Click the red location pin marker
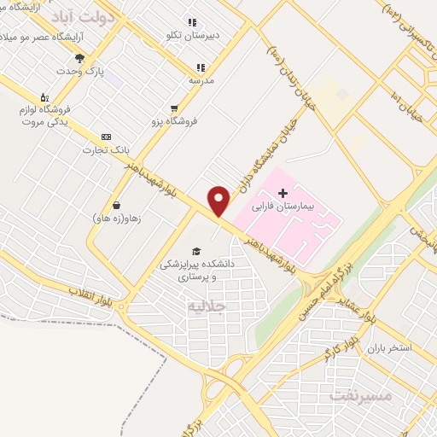coord(219,200)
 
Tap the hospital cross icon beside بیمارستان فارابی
coord(283,194)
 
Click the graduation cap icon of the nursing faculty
coord(197,252)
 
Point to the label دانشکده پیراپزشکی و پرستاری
coord(197,271)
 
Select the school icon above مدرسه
coord(201,67)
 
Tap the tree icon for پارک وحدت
coord(79,59)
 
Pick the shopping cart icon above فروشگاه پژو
coord(174,108)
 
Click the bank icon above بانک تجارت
coord(106,137)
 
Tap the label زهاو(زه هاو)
coord(117,218)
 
